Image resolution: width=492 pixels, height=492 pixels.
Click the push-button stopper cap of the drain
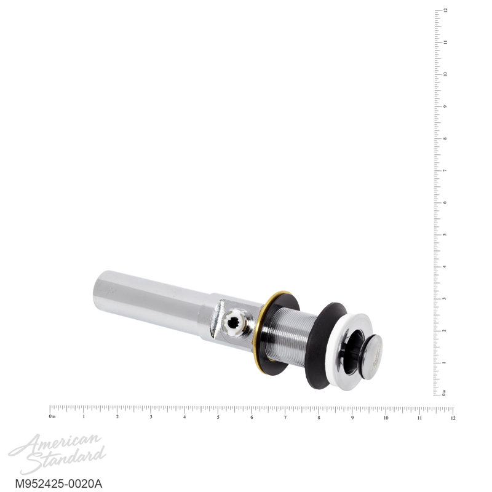click(x=373, y=353)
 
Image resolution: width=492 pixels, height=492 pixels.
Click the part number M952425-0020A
click(x=58, y=483)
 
